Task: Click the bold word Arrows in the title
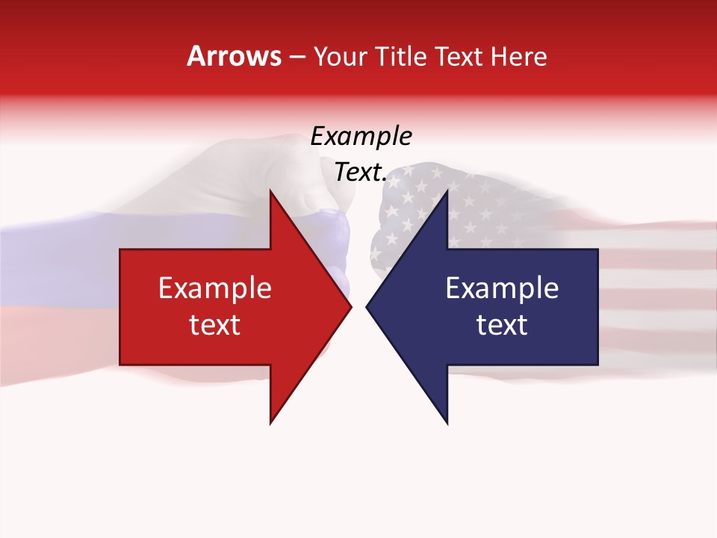(x=235, y=56)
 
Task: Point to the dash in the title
(x=297, y=57)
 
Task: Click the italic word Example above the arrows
(x=361, y=137)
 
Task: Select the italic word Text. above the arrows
(x=361, y=173)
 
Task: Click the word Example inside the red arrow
(x=214, y=288)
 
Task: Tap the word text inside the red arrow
(x=214, y=325)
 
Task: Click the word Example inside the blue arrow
(x=502, y=288)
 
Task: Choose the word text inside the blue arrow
(x=502, y=325)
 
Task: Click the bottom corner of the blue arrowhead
(x=447, y=422)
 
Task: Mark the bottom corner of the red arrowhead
(x=271, y=422)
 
